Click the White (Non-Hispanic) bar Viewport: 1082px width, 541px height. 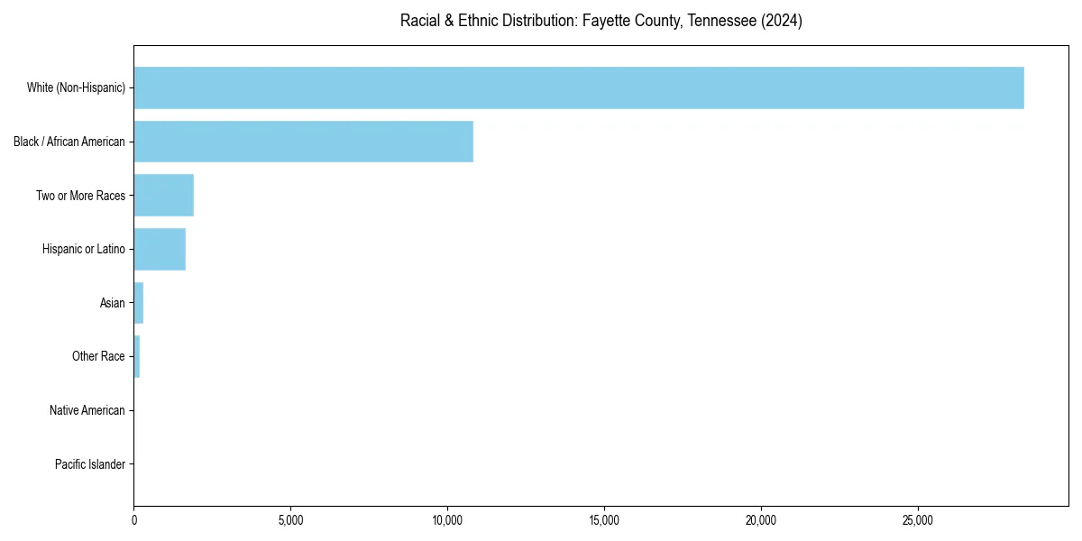tap(578, 87)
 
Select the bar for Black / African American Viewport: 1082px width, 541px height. tap(303, 142)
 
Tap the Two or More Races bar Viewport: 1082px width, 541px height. tap(163, 196)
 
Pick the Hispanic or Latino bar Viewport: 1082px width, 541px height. tap(160, 249)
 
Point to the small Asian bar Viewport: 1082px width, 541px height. tap(139, 303)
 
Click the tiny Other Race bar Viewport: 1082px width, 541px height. tap(137, 357)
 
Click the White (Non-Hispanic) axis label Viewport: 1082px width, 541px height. tap(76, 87)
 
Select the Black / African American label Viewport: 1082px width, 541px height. tap(69, 142)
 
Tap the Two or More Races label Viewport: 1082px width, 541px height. tap(80, 196)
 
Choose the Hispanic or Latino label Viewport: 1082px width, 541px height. tap(84, 249)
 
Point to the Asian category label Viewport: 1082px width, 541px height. tap(113, 303)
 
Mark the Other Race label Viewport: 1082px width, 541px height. tap(98, 357)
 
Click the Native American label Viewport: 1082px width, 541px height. tap(87, 410)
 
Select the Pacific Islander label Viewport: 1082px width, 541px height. tap(90, 464)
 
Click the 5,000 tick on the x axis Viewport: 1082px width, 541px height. tap(290, 520)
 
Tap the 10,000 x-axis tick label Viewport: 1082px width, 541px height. tap(447, 520)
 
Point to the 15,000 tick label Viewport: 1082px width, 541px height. tap(604, 520)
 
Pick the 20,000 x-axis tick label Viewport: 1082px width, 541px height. tap(761, 520)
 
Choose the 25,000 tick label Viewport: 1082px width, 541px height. tap(918, 520)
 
